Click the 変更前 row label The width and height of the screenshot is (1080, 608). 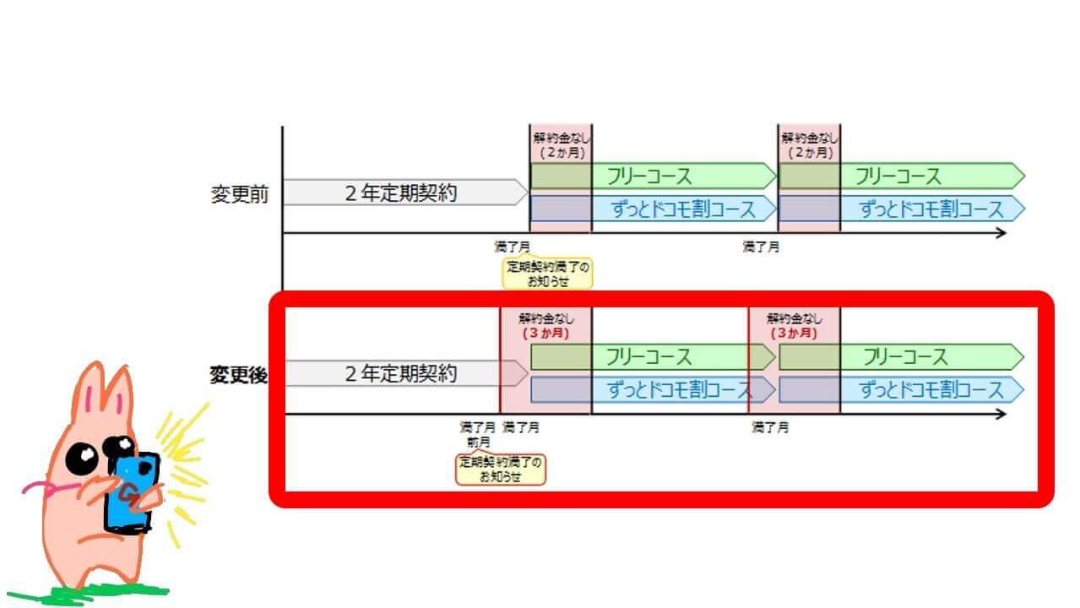(x=239, y=194)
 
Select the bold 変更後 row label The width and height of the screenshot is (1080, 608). (x=238, y=375)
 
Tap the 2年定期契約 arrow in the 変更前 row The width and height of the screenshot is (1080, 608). (x=402, y=193)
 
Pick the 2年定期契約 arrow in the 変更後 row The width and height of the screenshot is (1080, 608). (x=402, y=373)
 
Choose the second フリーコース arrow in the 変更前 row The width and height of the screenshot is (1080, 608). (x=898, y=176)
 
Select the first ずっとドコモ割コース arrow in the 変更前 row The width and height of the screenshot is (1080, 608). (x=682, y=209)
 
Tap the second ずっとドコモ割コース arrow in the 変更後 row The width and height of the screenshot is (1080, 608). (x=931, y=389)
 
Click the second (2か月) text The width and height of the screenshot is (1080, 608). (x=809, y=154)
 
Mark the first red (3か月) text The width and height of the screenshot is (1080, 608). (x=545, y=334)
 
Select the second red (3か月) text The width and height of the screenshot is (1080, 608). (x=795, y=334)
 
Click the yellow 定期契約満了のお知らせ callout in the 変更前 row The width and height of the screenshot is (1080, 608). (x=547, y=274)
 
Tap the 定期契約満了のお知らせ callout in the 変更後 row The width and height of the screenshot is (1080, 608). (x=501, y=470)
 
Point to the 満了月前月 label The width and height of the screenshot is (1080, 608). (x=478, y=434)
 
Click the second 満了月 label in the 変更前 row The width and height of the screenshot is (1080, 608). (x=761, y=247)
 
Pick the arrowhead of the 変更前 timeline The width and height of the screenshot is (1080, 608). (x=1001, y=233)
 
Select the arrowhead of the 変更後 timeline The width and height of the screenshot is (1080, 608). (x=1001, y=414)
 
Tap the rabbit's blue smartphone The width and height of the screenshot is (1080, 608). (x=131, y=494)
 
